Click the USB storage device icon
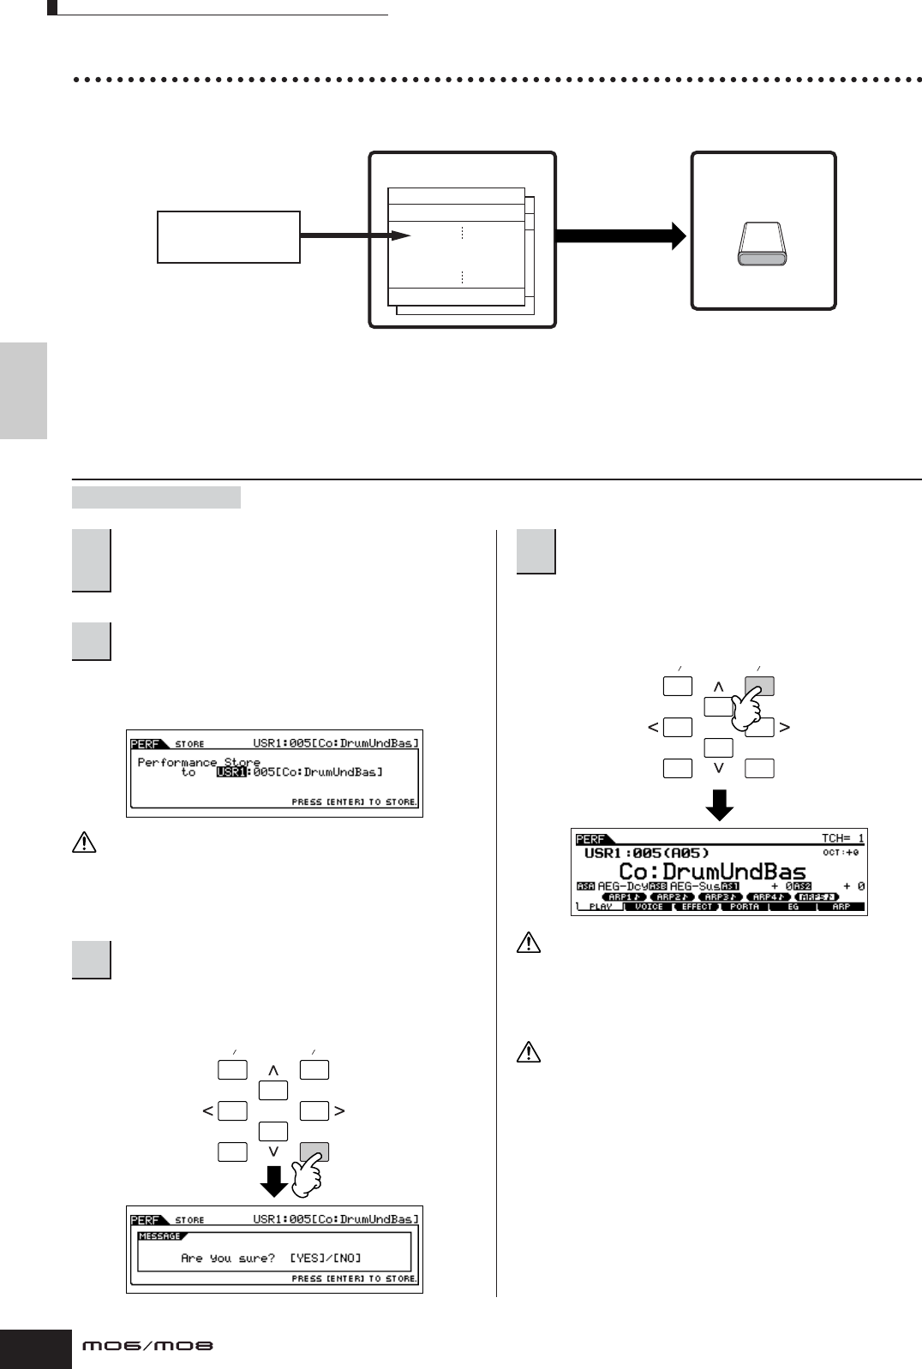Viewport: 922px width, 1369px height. (x=762, y=244)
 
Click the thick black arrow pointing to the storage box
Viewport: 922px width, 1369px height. (x=621, y=235)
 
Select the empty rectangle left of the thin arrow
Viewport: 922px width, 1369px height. (x=229, y=236)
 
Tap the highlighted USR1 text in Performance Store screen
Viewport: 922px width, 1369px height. (x=231, y=772)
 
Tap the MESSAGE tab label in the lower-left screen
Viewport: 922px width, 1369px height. (x=160, y=1236)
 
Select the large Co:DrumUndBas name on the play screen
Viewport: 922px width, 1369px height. (x=712, y=872)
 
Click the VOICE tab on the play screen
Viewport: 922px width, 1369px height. (x=649, y=907)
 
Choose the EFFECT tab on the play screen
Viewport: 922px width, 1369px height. (x=697, y=907)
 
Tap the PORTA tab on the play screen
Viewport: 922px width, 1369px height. (x=745, y=907)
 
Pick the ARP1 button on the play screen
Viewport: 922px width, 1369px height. (x=623, y=896)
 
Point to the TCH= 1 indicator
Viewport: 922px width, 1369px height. (x=842, y=838)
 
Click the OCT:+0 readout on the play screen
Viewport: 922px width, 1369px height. (x=841, y=853)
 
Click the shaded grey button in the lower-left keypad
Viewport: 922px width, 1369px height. (x=314, y=1152)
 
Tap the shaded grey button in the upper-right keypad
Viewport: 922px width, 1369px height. (x=759, y=686)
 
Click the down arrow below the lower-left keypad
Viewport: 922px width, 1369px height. (x=273, y=1182)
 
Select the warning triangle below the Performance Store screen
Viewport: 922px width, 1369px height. (x=84, y=843)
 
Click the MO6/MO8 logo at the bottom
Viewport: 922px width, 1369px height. (x=147, y=1346)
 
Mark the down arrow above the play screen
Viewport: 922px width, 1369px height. (x=719, y=805)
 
